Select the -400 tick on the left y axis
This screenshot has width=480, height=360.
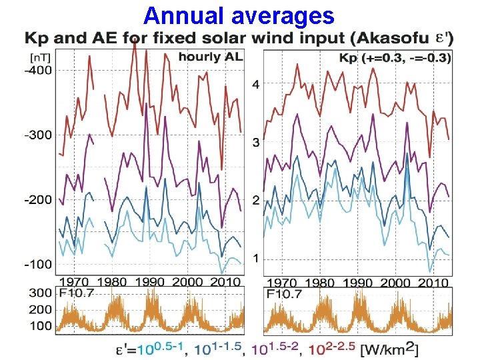tap(39, 70)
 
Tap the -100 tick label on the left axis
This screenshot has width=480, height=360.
tap(39, 264)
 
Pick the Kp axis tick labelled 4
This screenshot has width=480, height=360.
tap(255, 85)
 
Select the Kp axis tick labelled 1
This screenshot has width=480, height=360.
tap(255, 258)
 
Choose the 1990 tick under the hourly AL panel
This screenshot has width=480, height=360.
tap(151, 282)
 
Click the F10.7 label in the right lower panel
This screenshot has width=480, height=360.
tap(285, 293)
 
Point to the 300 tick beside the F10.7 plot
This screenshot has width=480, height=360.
tap(40, 293)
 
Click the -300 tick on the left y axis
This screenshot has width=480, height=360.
tap(39, 135)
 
